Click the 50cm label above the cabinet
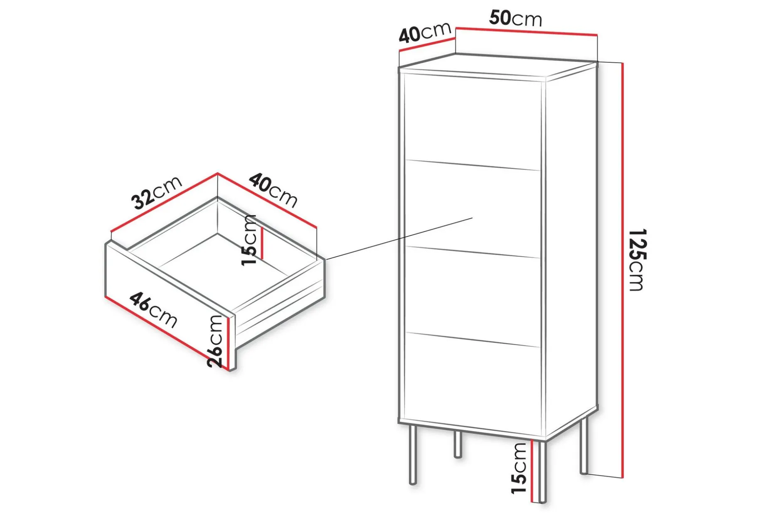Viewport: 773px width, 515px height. (515, 18)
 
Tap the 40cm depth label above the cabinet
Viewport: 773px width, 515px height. (425, 32)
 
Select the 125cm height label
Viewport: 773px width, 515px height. (636, 260)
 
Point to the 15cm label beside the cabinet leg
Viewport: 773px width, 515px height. (519, 468)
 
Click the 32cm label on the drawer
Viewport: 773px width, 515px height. (156, 192)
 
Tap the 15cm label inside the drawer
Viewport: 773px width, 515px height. (249, 240)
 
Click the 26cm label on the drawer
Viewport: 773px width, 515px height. (215, 341)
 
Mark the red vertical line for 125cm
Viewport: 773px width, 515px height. (622, 270)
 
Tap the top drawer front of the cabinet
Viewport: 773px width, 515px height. (473, 122)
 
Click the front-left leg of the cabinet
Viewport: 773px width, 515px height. (413, 454)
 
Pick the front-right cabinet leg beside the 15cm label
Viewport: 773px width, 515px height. (542, 471)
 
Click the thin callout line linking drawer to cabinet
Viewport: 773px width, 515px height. (399, 239)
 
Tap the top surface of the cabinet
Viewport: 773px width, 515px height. (497, 66)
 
